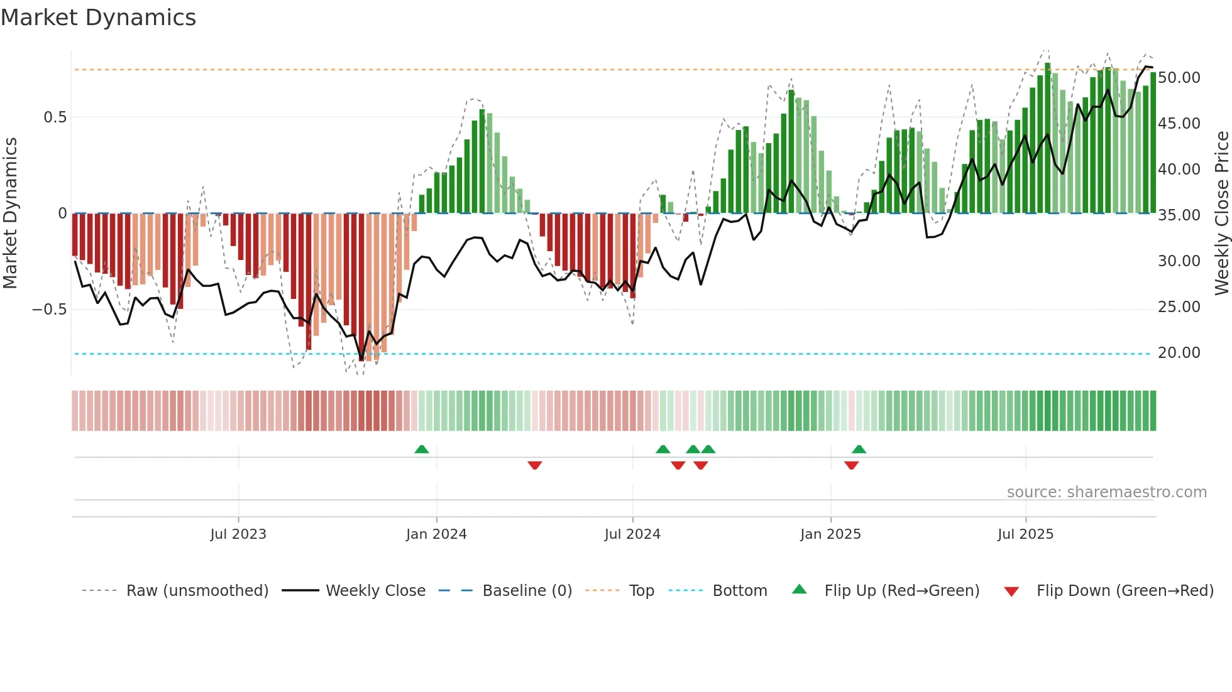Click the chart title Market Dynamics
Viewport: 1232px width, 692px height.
[98, 18]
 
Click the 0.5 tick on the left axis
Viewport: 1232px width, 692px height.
[55, 117]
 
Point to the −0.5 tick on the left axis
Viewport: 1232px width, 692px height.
[49, 310]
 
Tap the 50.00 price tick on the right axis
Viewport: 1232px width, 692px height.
[1179, 78]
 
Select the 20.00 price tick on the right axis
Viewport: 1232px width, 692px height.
[1179, 353]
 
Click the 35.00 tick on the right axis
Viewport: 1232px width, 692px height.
[1179, 215]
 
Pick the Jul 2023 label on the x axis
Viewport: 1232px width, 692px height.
[238, 534]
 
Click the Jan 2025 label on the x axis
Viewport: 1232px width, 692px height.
[830, 534]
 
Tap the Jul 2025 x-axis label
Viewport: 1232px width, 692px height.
[1025, 534]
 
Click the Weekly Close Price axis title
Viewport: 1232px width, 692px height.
[1221, 214]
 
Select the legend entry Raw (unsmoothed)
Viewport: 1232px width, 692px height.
[197, 591]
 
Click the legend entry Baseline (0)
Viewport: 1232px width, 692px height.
[527, 591]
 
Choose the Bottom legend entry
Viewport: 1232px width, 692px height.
[739, 591]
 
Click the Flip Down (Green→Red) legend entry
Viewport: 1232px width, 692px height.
[1125, 591]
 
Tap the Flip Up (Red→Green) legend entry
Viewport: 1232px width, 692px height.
[901, 591]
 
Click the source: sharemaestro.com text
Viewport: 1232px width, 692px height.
[1106, 492]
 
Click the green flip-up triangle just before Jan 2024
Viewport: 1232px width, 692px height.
[422, 450]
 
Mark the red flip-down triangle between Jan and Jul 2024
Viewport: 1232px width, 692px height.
[535, 465]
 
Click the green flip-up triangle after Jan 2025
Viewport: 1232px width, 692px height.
[859, 450]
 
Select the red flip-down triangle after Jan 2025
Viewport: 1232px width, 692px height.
[852, 465]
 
